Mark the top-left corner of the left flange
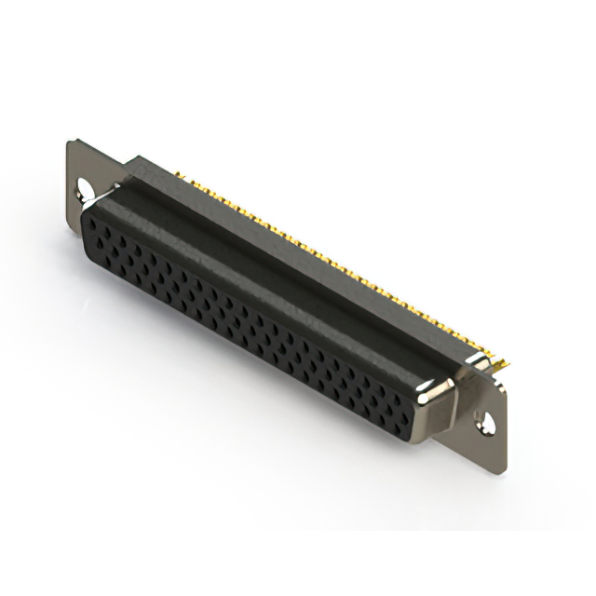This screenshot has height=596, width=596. click(69, 141)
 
